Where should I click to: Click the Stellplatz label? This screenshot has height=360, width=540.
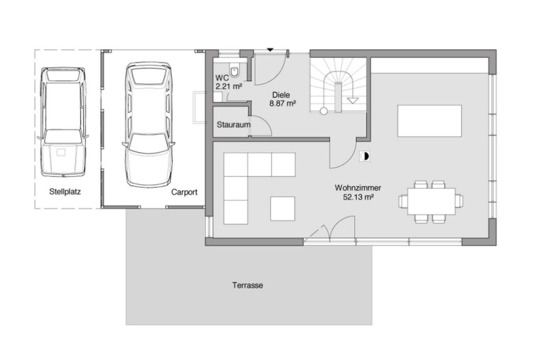[x=65, y=192]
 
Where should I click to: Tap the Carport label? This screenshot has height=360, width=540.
[x=184, y=192]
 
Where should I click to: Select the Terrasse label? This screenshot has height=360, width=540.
[x=248, y=285]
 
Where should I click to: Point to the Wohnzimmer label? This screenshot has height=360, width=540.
[x=358, y=188]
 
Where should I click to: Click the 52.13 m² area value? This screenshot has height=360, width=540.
[x=359, y=197]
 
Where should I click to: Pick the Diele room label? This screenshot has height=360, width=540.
[x=281, y=95]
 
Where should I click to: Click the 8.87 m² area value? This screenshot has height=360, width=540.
[x=283, y=103]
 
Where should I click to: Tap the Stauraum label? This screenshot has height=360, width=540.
[x=234, y=124]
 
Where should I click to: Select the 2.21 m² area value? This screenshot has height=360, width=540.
[x=229, y=86]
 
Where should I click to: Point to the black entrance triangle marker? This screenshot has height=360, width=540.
[x=270, y=50]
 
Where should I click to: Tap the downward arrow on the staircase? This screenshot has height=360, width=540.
[x=353, y=101]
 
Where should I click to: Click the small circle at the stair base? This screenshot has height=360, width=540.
[x=323, y=111]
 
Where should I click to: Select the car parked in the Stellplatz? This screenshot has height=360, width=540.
[x=63, y=122]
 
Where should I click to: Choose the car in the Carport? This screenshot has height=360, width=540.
[x=149, y=124]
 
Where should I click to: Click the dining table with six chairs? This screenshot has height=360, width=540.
[x=431, y=201]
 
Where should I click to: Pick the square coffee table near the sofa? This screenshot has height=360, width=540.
[x=283, y=209]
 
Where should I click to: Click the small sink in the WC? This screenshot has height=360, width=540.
[x=218, y=96]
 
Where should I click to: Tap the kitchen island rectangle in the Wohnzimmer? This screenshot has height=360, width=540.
[x=429, y=121]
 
